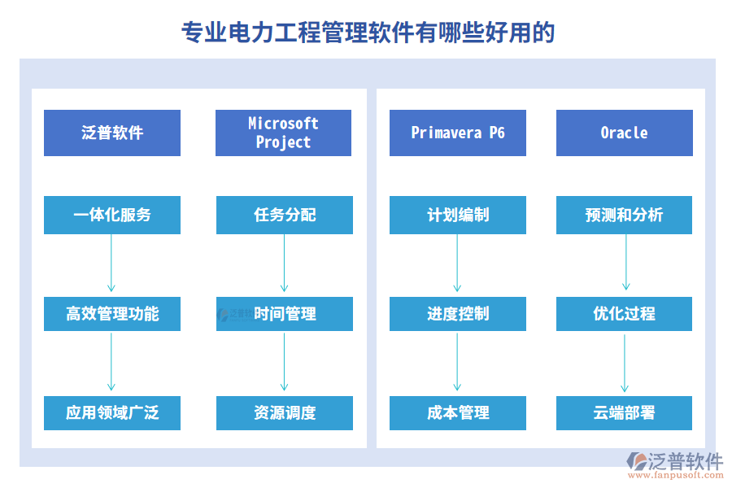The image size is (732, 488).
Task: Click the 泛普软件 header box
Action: tap(112, 133)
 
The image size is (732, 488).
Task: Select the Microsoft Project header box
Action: tap(283, 133)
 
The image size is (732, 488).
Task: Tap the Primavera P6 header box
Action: tap(458, 133)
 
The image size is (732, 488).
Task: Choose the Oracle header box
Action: tap(625, 133)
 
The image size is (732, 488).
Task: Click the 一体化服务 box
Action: tap(112, 215)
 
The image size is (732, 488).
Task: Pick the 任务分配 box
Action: tap(285, 215)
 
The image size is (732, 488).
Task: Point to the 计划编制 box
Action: tap(458, 215)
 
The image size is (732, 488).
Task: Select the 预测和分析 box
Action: tap(624, 215)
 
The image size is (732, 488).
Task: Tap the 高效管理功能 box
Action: tap(112, 314)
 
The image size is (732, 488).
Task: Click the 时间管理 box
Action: tap(285, 314)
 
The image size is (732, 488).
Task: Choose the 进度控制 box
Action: tap(458, 314)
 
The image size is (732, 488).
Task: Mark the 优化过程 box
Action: tap(624, 314)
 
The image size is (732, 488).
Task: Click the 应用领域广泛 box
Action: tap(112, 413)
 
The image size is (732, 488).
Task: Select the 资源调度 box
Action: tap(285, 413)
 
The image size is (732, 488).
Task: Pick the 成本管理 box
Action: tap(458, 413)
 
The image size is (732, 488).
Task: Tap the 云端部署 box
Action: tap(624, 413)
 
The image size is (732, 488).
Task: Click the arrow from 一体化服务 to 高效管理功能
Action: tap(111, 263)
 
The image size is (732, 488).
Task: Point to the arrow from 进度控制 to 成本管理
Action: tap(457, 361)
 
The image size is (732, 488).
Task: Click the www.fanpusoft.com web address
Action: tap(676, 475)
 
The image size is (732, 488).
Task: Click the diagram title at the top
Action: tap(368, 33)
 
